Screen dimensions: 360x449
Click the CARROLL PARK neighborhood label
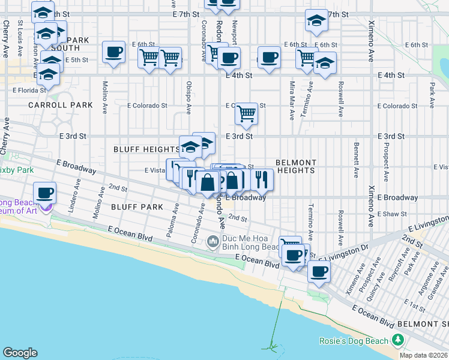point(61,105)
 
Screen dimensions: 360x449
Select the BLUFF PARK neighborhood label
point(137,206)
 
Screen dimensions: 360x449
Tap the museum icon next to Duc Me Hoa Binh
point(212,242)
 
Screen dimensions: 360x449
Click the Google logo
point(20,353)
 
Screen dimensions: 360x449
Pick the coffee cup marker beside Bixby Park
point(44,193)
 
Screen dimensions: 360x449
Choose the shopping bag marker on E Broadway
point(207,181)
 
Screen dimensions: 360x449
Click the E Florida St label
point(29,90)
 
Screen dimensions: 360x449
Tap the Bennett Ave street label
point(357,160)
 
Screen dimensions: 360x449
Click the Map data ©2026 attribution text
point(424,355)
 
